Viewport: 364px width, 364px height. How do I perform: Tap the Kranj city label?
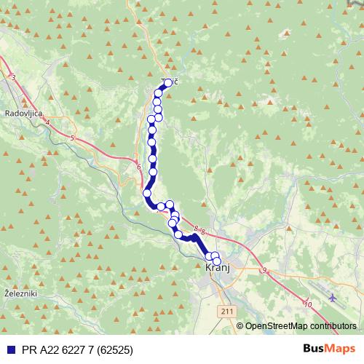217,268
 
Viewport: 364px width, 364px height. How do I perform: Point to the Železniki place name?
17,293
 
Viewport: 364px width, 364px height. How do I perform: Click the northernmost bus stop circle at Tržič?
168,82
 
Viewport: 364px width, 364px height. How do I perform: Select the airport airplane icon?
334,298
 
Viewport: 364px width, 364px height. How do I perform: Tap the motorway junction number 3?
13,76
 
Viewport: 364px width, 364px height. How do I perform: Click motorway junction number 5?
73,137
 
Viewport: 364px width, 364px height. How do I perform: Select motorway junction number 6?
138,167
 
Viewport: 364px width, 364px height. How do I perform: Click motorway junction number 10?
309,304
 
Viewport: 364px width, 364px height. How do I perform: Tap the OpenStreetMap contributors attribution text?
300,326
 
